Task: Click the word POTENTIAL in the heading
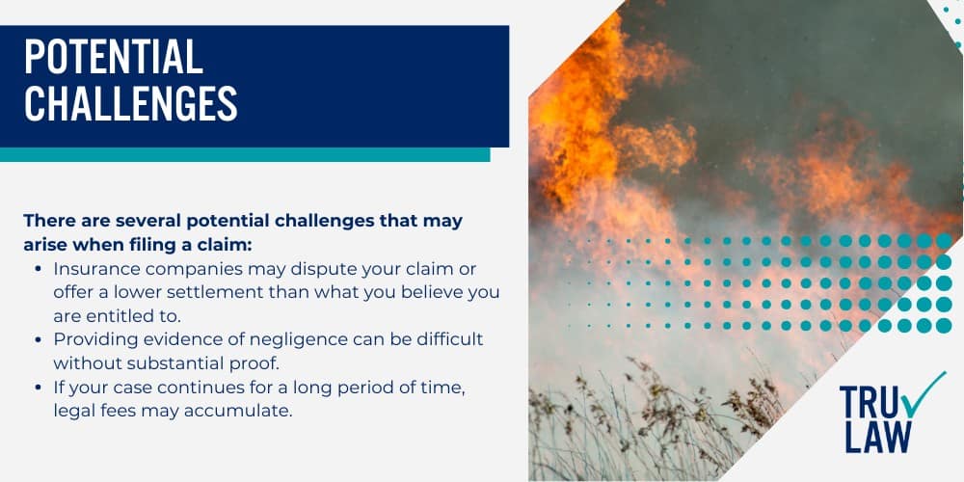114,59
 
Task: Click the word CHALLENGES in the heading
130,103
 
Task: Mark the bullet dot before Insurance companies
37,269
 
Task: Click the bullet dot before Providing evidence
37,340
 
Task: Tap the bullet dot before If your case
37,388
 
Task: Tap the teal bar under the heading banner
245,154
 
